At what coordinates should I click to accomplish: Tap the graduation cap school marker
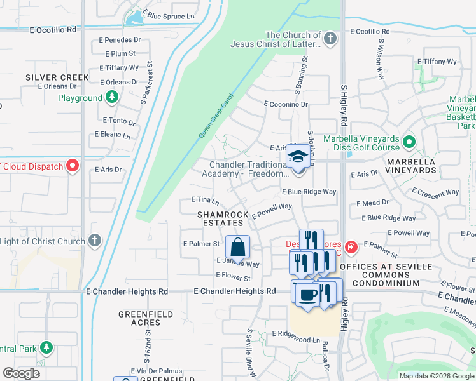[298, 157]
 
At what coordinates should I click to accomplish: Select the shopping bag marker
[237, 246]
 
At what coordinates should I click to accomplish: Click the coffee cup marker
[307, 295]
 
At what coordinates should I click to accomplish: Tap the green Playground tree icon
[112, 98]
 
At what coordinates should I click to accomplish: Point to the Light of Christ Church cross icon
[94, 241]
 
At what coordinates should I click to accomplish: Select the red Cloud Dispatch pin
[73, 166]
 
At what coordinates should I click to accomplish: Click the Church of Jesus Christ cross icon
[329, 39]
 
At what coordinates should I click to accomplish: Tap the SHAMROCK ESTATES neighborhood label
[223, 219]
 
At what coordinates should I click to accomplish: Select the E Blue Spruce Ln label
[169, 15]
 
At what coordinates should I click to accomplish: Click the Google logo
[21, 373]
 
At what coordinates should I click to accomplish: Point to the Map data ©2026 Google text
[436, 376]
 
